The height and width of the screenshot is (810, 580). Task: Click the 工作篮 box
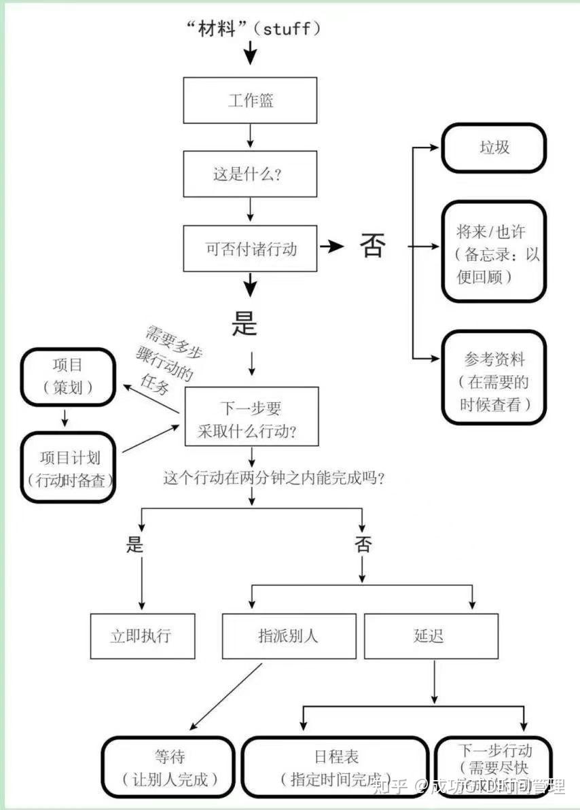tap(251, 101)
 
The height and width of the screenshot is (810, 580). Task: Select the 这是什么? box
tap(251, 173)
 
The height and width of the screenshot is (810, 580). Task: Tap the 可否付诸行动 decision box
tap(251, 248)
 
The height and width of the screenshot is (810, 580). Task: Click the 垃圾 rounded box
tap(494, 147)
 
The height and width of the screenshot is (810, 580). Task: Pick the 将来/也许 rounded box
tap(494, 251)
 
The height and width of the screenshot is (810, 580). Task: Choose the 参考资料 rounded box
tap(494, 378)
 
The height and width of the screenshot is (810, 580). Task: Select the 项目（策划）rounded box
tap(67, 376)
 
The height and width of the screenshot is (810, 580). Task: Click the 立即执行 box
tap(142, 636)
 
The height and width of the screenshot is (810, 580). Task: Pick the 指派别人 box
tap(289, 636)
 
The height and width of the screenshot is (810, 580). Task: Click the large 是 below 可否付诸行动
tap(244, 324)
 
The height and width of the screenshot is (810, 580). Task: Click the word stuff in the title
tap(286, 29)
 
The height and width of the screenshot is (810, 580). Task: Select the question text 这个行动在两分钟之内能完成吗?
tap(274, 478)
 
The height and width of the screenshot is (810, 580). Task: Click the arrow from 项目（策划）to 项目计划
tap(66, 418)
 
